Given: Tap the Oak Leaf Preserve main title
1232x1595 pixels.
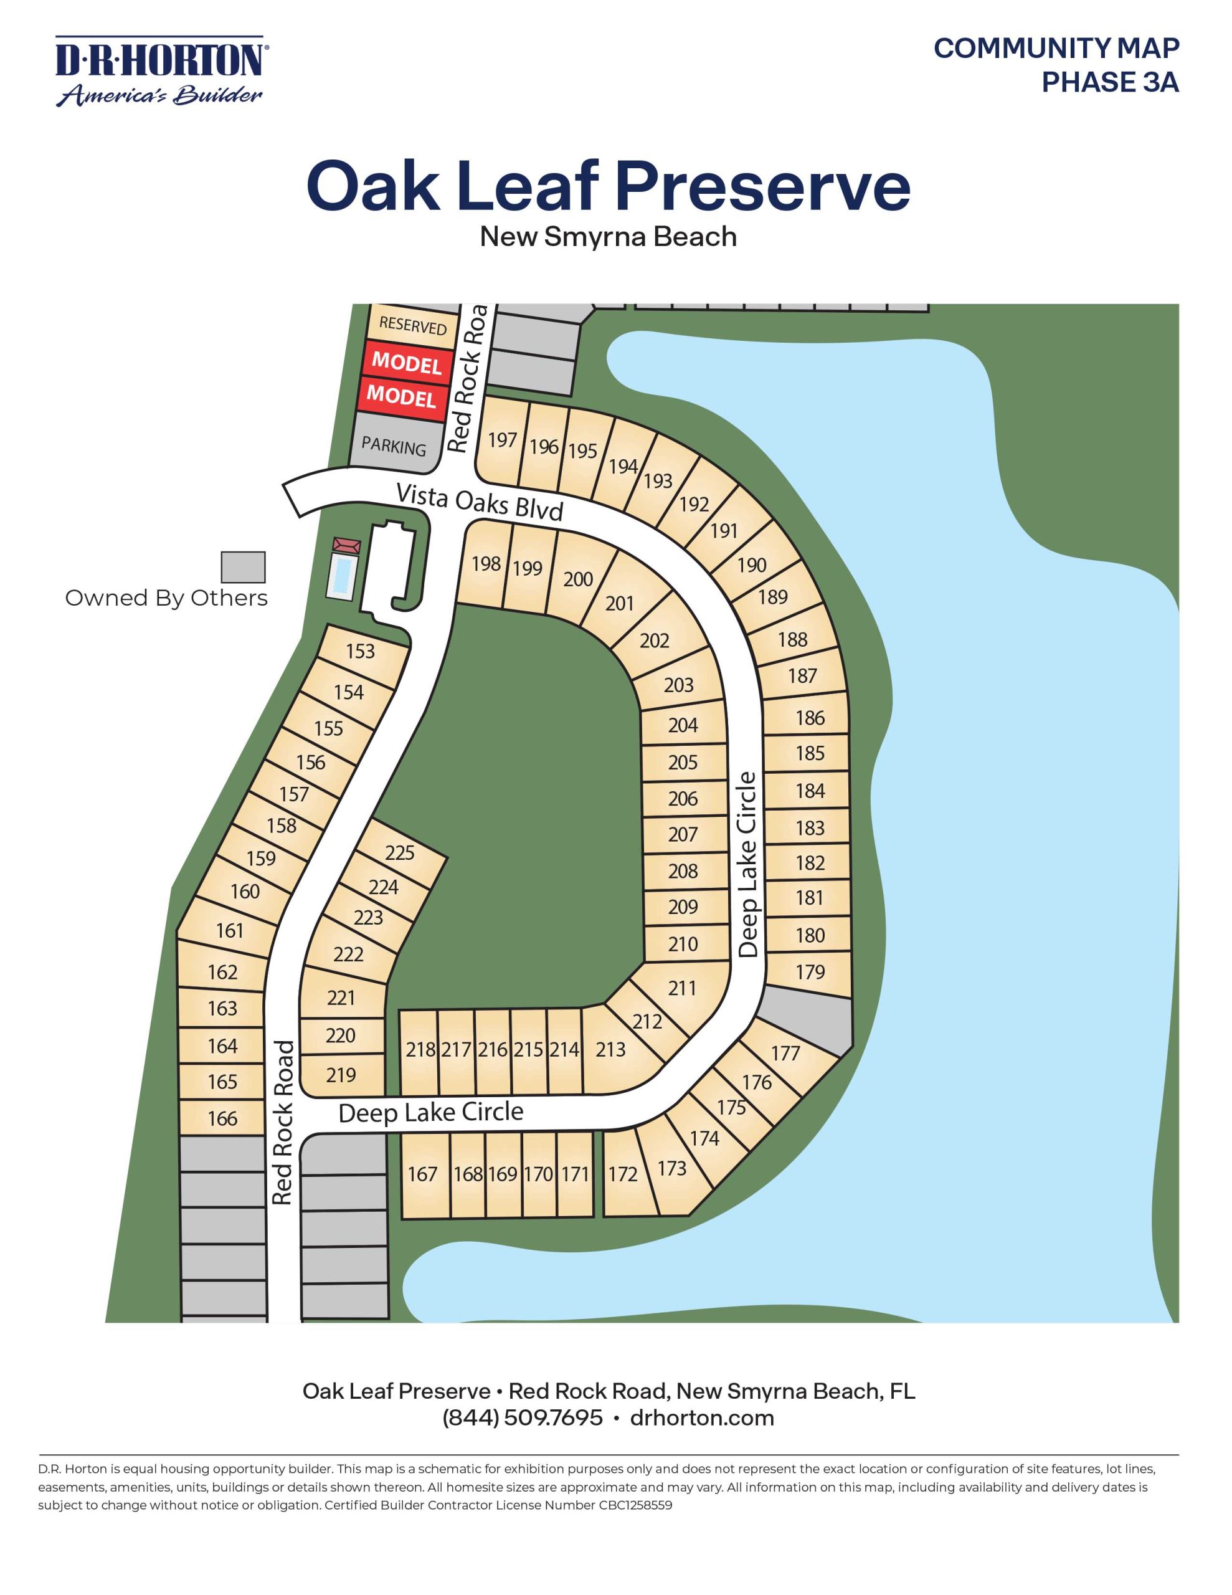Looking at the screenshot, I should pyautogui.click(x=608, y=186).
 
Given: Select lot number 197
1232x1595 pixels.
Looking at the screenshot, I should pyautogui.click(x=503, y=440).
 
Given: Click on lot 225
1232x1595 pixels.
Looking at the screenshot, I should pyautogui.click(x=399, y=852).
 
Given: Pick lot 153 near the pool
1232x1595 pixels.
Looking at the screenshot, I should pyautogui.click(x=360, y=650).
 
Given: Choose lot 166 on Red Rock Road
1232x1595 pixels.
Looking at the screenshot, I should pyautogui.click(x=222, y=1118).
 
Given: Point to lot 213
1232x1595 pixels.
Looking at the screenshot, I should pyautogui.click(x=610, y=1049).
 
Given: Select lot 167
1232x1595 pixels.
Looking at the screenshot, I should pyautogui.click(x=422, y=1174).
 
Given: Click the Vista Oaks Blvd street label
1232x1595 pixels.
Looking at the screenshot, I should pyautogui.click(x=480, y=501).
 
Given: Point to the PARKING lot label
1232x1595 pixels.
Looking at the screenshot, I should pyautogui.click(x=394, y=445).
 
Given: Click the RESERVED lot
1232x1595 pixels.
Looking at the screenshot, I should pyautogui.click(x=412, y=325).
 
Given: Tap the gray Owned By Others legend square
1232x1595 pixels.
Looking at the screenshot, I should pyautogui.click(x=243, y=567).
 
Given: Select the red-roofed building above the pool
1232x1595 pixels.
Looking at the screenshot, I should pyautogui.click(x=347, y=546).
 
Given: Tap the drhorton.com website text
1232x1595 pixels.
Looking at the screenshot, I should pyautogui.click(x=701, y=1417).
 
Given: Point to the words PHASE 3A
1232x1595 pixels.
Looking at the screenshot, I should pyautogui.click(x=1109, y=82).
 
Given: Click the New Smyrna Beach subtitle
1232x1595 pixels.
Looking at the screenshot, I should pyautogui.click(x=608, y=237).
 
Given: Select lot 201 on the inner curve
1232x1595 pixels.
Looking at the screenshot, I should pyautogui.click(x=619, y=603).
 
